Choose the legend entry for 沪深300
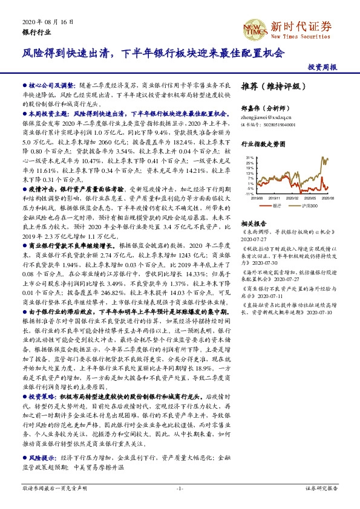pyautogui.click(x=310, y=206)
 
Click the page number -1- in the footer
pyautogui.click(x=180, y=487)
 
